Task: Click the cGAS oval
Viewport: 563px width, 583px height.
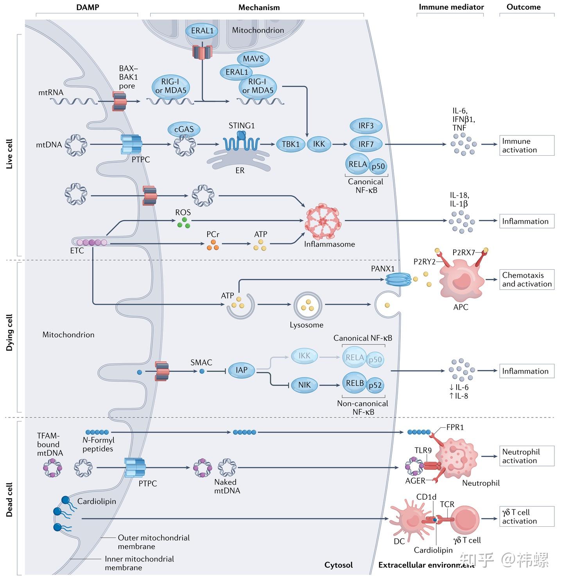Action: (184, 130)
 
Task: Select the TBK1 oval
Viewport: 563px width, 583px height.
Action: (290, 144)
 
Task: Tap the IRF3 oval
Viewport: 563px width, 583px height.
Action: (366, 126)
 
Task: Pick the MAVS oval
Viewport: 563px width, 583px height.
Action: (253, 59)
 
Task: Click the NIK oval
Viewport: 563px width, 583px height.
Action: (304, 385)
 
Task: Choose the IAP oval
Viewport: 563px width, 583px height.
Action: (242, 370)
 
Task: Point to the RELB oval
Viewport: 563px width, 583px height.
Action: (355, 383)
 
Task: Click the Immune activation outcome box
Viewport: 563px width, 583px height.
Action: (527, 146)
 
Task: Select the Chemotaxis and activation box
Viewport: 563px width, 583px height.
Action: (527, 279)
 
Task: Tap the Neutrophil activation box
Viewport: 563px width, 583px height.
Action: (527, 456)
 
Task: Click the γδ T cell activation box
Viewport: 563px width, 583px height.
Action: (527, 516)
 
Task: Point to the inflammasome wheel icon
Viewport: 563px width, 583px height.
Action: (323, 221)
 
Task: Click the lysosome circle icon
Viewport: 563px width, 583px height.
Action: (308, 305)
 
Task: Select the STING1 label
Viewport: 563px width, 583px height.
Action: (242, 126)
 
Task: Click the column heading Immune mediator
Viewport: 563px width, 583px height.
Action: (451, 7)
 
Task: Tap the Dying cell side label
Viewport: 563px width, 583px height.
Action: (9, 333)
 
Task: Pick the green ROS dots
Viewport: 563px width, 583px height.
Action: (183, 223)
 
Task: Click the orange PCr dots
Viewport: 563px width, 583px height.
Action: (213, 245)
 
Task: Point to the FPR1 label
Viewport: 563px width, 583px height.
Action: (455, 427)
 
